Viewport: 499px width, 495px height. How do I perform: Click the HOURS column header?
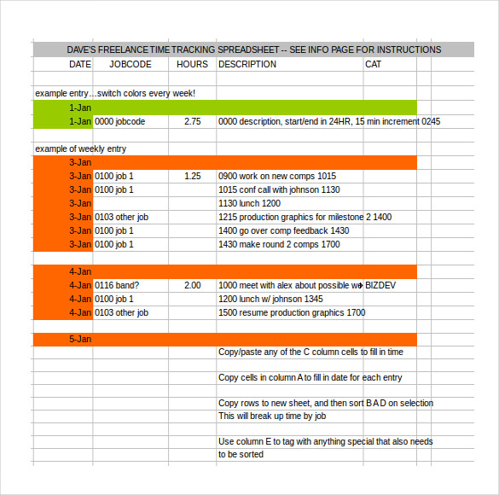point(192,64)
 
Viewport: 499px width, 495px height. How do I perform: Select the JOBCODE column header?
point(131,64)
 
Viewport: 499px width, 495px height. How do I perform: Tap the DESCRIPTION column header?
point(247,64)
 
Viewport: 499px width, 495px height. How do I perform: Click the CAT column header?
point(373,64)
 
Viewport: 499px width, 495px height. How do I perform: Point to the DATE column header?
point(80,64)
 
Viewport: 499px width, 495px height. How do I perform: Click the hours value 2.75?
point(192,122)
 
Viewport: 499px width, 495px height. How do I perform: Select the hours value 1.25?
point(192,176)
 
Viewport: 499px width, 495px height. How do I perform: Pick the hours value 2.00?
point(192,285)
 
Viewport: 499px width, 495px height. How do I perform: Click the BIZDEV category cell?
point(385,285)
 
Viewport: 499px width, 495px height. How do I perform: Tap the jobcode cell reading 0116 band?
point(117,285)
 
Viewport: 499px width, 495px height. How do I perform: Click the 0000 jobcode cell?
point(120,122)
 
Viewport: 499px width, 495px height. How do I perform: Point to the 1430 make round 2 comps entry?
point(279,244)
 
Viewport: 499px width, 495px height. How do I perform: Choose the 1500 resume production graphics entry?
point(292,312)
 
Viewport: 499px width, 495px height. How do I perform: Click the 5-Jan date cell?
point(80,340)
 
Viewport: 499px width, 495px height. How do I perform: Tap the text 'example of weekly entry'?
point(80,148)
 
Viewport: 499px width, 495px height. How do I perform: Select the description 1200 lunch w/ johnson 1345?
point(270,299)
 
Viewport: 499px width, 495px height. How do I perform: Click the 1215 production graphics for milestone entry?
point(305,217)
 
